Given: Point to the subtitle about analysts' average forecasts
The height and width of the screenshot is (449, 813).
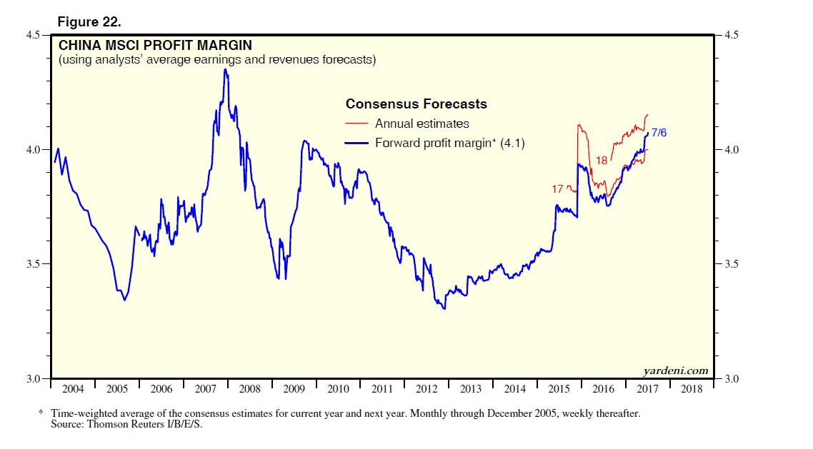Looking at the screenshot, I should pos(216,60).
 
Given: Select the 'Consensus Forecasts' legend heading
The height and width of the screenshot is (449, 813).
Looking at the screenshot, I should pos(417,104).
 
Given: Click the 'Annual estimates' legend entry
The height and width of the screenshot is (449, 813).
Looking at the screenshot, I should pos(422,124).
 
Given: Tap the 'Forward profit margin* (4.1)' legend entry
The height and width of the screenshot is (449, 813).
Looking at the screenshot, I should pos(450,143).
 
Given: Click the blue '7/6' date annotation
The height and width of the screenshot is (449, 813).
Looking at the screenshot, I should pos(659,132).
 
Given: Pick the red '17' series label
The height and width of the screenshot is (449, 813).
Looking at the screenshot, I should pos(558,189).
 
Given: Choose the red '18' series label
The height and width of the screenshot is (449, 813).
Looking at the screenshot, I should pos(602,161).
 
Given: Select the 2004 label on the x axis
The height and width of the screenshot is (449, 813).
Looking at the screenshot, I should pos(72,389).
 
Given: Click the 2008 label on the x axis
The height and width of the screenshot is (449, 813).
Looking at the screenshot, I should pos(249,389).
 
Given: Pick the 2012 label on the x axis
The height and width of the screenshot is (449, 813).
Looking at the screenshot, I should pos(427,389).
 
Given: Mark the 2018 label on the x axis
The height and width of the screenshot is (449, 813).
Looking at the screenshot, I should pos(691,389).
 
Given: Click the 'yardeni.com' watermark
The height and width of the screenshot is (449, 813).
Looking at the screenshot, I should pos(675,370).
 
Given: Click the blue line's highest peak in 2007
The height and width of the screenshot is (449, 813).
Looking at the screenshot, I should pos(225,69).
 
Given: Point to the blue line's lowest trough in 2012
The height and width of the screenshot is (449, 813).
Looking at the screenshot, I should pos(444,308).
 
